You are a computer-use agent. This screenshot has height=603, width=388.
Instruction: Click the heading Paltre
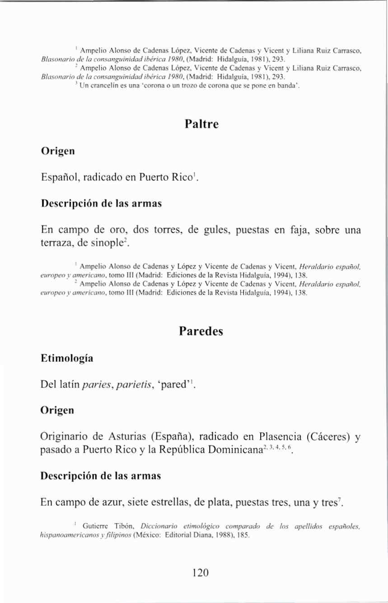click(201, 124)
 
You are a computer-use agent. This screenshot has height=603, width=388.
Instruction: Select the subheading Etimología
click(67, 359)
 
